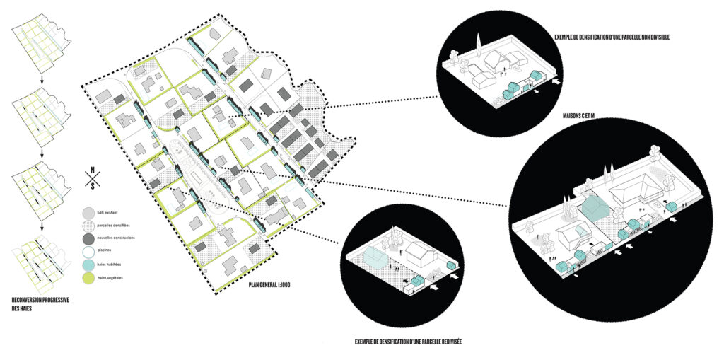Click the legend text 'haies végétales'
coord(114,279)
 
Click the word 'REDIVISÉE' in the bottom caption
coord(451,342)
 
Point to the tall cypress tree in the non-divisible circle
coord(479,50)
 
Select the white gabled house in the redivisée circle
coord(419,253)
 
